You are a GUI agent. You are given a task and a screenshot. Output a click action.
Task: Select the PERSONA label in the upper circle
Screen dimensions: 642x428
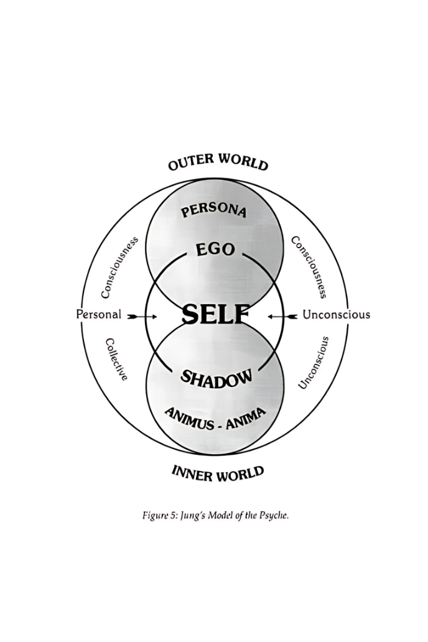(214, 210)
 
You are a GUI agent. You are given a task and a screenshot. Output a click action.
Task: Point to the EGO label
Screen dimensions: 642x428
(215, 249)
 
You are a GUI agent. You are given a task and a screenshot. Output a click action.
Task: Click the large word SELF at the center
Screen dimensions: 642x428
(215, 315)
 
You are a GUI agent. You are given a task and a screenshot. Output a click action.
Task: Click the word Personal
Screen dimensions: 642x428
(99, 315)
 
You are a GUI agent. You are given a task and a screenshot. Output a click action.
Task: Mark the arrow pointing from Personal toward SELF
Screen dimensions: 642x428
(142, 317)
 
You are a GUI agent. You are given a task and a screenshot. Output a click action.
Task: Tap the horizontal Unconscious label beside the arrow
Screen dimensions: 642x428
(336, 315)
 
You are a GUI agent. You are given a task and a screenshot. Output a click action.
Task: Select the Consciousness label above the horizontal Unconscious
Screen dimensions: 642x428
(309, 266)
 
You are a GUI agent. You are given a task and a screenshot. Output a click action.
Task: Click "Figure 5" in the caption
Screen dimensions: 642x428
(160, 516)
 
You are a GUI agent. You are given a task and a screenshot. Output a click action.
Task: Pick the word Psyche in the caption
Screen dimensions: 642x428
(273, 516)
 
